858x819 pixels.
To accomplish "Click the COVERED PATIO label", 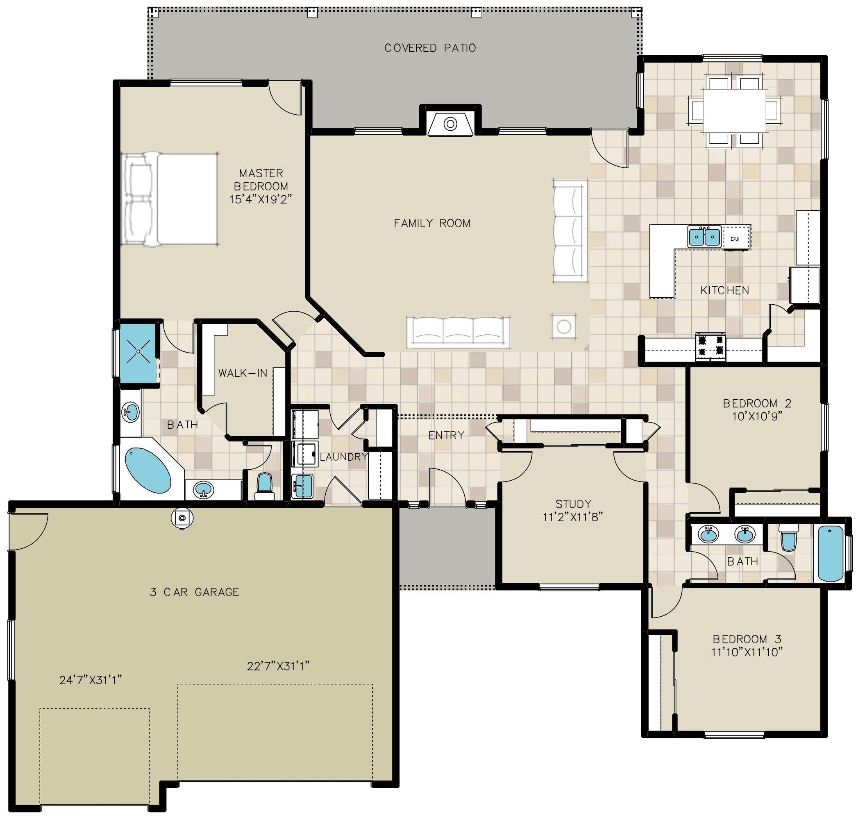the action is pyautogui.click(x=430, y=48).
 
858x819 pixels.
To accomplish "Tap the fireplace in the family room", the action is pyautogui.click(x=450, y=124).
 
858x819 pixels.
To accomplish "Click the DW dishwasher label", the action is pyautogui.click(x=734, y=239).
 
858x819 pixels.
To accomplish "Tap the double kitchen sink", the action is pyautogui.click(x=704, y=237).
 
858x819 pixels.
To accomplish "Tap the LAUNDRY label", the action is pyautogui.click(x=343, y=457).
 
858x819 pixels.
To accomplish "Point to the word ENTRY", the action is pyautogui.click(x=446, y=435).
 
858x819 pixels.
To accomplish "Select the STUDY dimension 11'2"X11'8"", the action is pyautogui.click(x=573, y=517).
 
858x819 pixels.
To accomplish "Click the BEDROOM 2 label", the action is pyautogui.click(x=757, y=403).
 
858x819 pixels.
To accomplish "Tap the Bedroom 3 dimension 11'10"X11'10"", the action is pyautogui.click(x=746, y=652).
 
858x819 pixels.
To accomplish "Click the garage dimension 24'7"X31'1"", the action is pyautogui.click(x=91, y=680).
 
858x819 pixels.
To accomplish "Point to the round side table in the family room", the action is pyautogui.click(x=563, y=326).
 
